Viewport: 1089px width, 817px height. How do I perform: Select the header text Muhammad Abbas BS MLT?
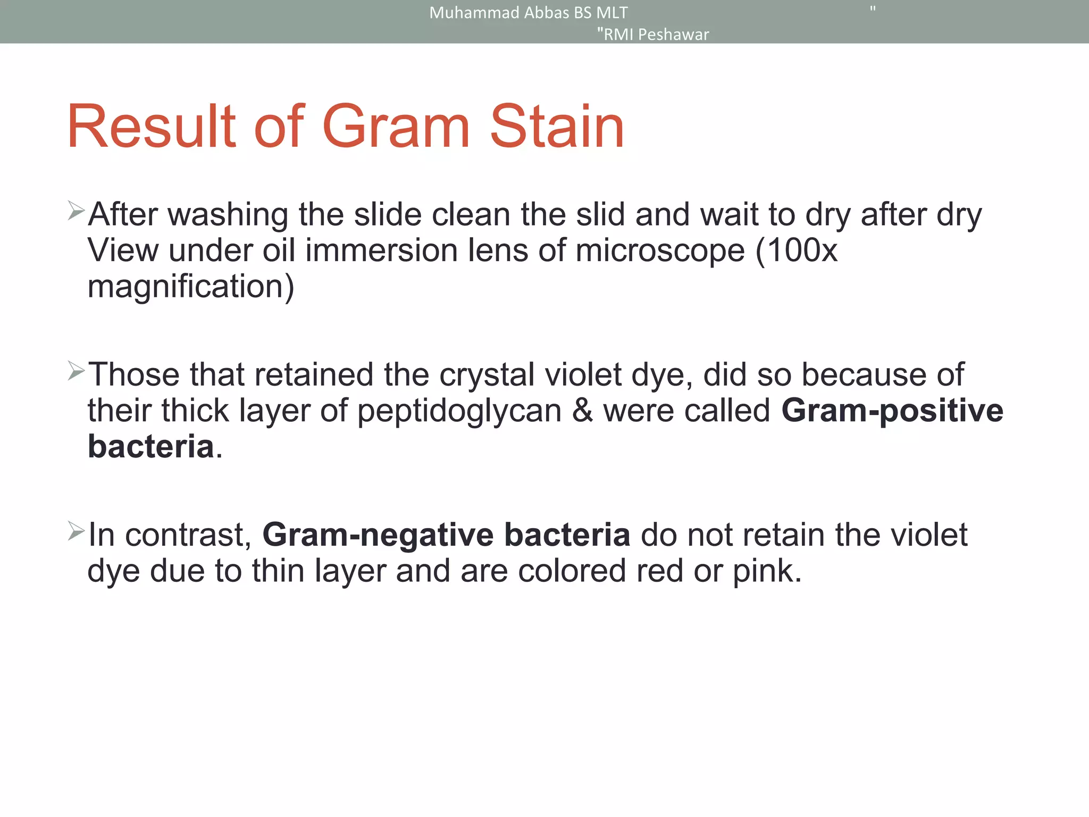tap(528, 13)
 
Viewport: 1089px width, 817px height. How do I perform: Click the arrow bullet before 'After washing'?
tap(76, 211)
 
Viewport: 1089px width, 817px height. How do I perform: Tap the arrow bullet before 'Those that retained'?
tap(76, 371)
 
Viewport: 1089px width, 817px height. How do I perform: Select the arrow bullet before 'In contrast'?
tap(76, 531)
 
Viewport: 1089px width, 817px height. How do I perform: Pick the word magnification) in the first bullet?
tap(190, 287)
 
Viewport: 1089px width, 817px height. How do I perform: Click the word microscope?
tap(659, 251)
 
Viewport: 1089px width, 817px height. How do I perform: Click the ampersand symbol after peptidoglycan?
tap(582, 411)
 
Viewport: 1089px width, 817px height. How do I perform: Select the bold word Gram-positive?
tap(892, 412)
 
